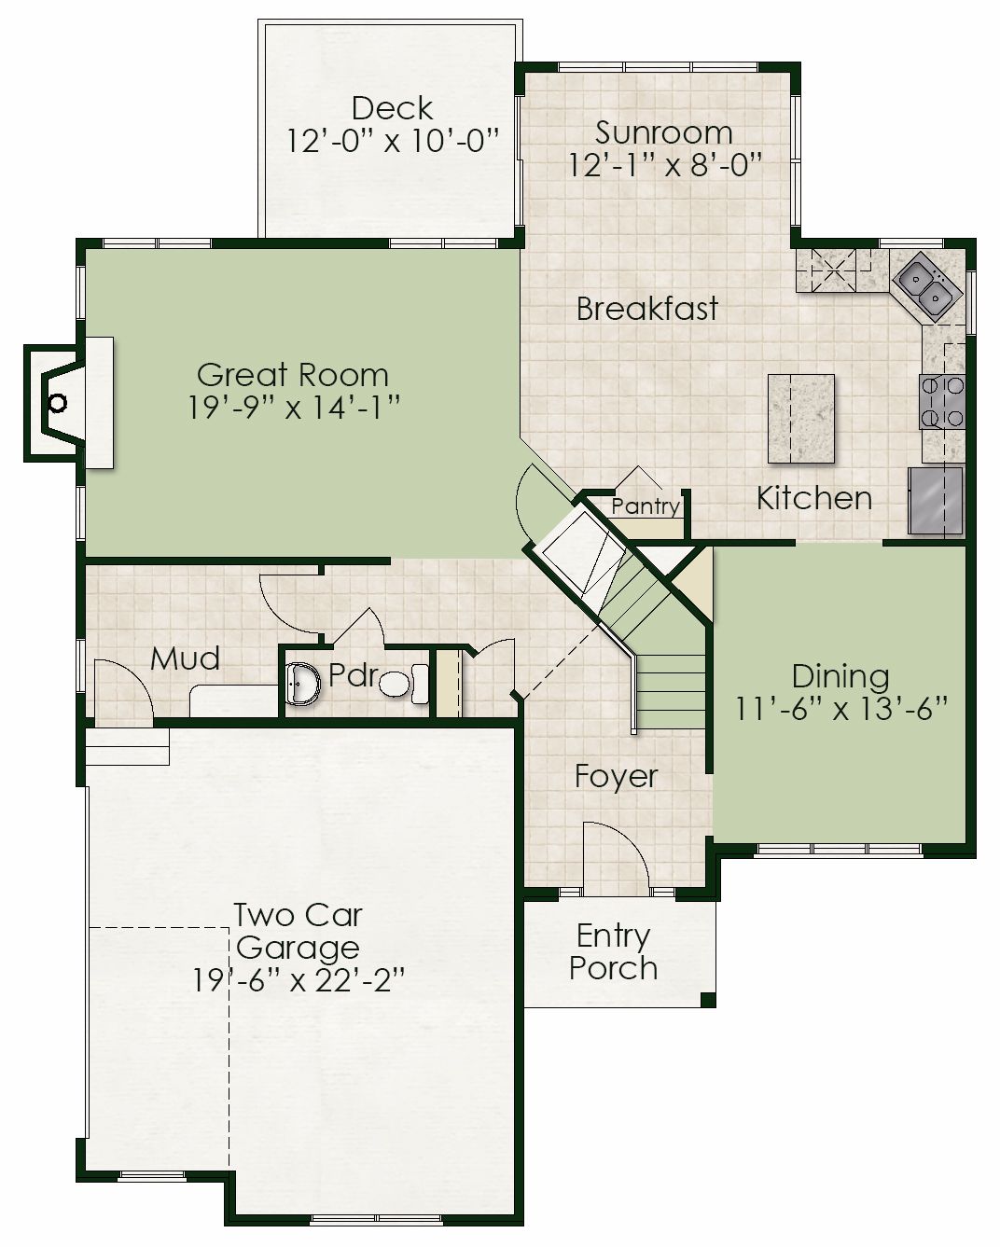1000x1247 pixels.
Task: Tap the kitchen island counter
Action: tap(801, 419)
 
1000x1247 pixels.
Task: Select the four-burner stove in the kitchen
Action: tap(941, 402)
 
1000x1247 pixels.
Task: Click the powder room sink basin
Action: tap(303, 685)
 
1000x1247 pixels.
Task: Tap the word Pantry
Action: tap(646, 506)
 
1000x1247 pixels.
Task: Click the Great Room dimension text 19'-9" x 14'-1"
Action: tap(294, 408)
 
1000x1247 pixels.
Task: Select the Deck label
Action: tap(393, 108)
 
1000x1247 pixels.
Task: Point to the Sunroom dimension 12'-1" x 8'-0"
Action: tap(664, 165)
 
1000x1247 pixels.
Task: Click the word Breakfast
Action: tap(647, 309)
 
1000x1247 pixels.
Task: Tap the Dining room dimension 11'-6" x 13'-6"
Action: tap(840, 708)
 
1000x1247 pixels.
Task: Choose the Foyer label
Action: tap(617, 777)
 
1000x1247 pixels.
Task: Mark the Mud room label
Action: tap(185, 658)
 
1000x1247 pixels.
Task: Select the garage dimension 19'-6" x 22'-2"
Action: tap(298, 980)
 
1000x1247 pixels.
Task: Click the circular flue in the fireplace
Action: tap(57, 403)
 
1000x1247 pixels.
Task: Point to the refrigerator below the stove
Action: tap(935, 501)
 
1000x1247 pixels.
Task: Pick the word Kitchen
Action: tap(814, 498)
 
